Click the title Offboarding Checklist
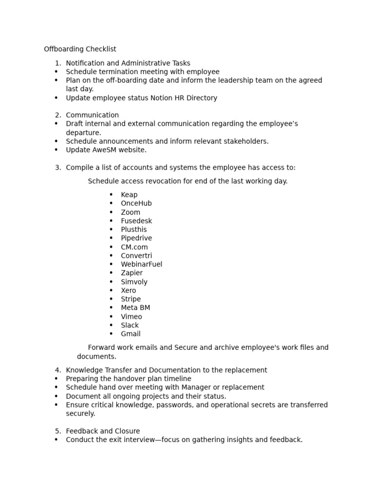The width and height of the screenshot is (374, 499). click(80, 49)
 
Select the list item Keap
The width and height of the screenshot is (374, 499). click(129, 195)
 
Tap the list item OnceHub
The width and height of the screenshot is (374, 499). click(136, 203)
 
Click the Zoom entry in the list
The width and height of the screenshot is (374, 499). click(131, 212)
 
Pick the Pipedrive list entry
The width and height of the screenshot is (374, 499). click(136, 238)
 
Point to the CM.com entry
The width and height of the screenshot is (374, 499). click(134, 247)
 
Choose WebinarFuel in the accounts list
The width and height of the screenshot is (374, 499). click(142, 264)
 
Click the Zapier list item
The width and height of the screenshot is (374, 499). click(132, 273)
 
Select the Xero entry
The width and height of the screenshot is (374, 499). click(129, 290)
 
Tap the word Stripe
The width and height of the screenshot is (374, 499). click(131, 299)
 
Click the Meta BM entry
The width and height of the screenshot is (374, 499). click(135, 308)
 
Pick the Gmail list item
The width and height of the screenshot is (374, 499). click(131, 334)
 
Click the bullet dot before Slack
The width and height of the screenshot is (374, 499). click(111, 326)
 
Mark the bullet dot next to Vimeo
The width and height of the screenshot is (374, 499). click(111, 317)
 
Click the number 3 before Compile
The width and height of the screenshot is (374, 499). click(57, 168)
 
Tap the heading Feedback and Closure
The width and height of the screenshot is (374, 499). click(103, 431)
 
